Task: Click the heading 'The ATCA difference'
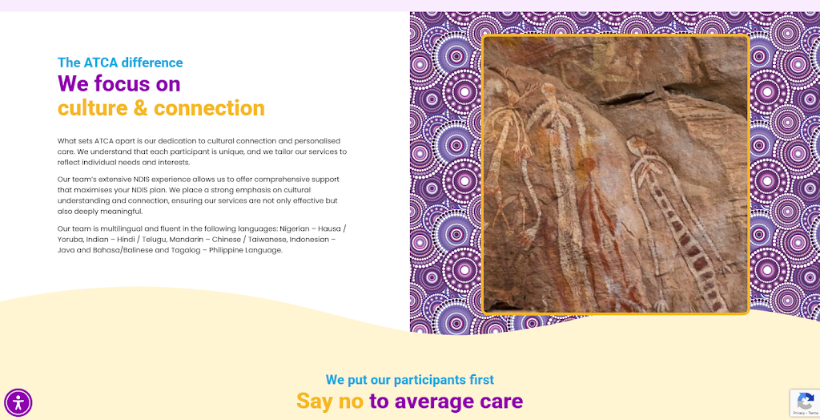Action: tap(120, 63)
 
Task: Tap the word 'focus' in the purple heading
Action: tap(119, 84)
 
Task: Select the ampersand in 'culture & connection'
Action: tap(141, 108)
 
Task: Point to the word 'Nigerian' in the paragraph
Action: tap(296, 228)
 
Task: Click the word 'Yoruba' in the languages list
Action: tap(70, 240)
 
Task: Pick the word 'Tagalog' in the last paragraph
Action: tap(187, 250)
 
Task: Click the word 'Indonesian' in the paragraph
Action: tap(309, 240)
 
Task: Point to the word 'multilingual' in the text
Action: tap(114, 228)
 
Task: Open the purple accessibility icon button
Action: tap(18, 402)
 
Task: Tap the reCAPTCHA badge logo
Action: tap(806, 401)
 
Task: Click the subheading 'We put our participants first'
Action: tap(409, 380)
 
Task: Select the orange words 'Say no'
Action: tap(330, 401)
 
